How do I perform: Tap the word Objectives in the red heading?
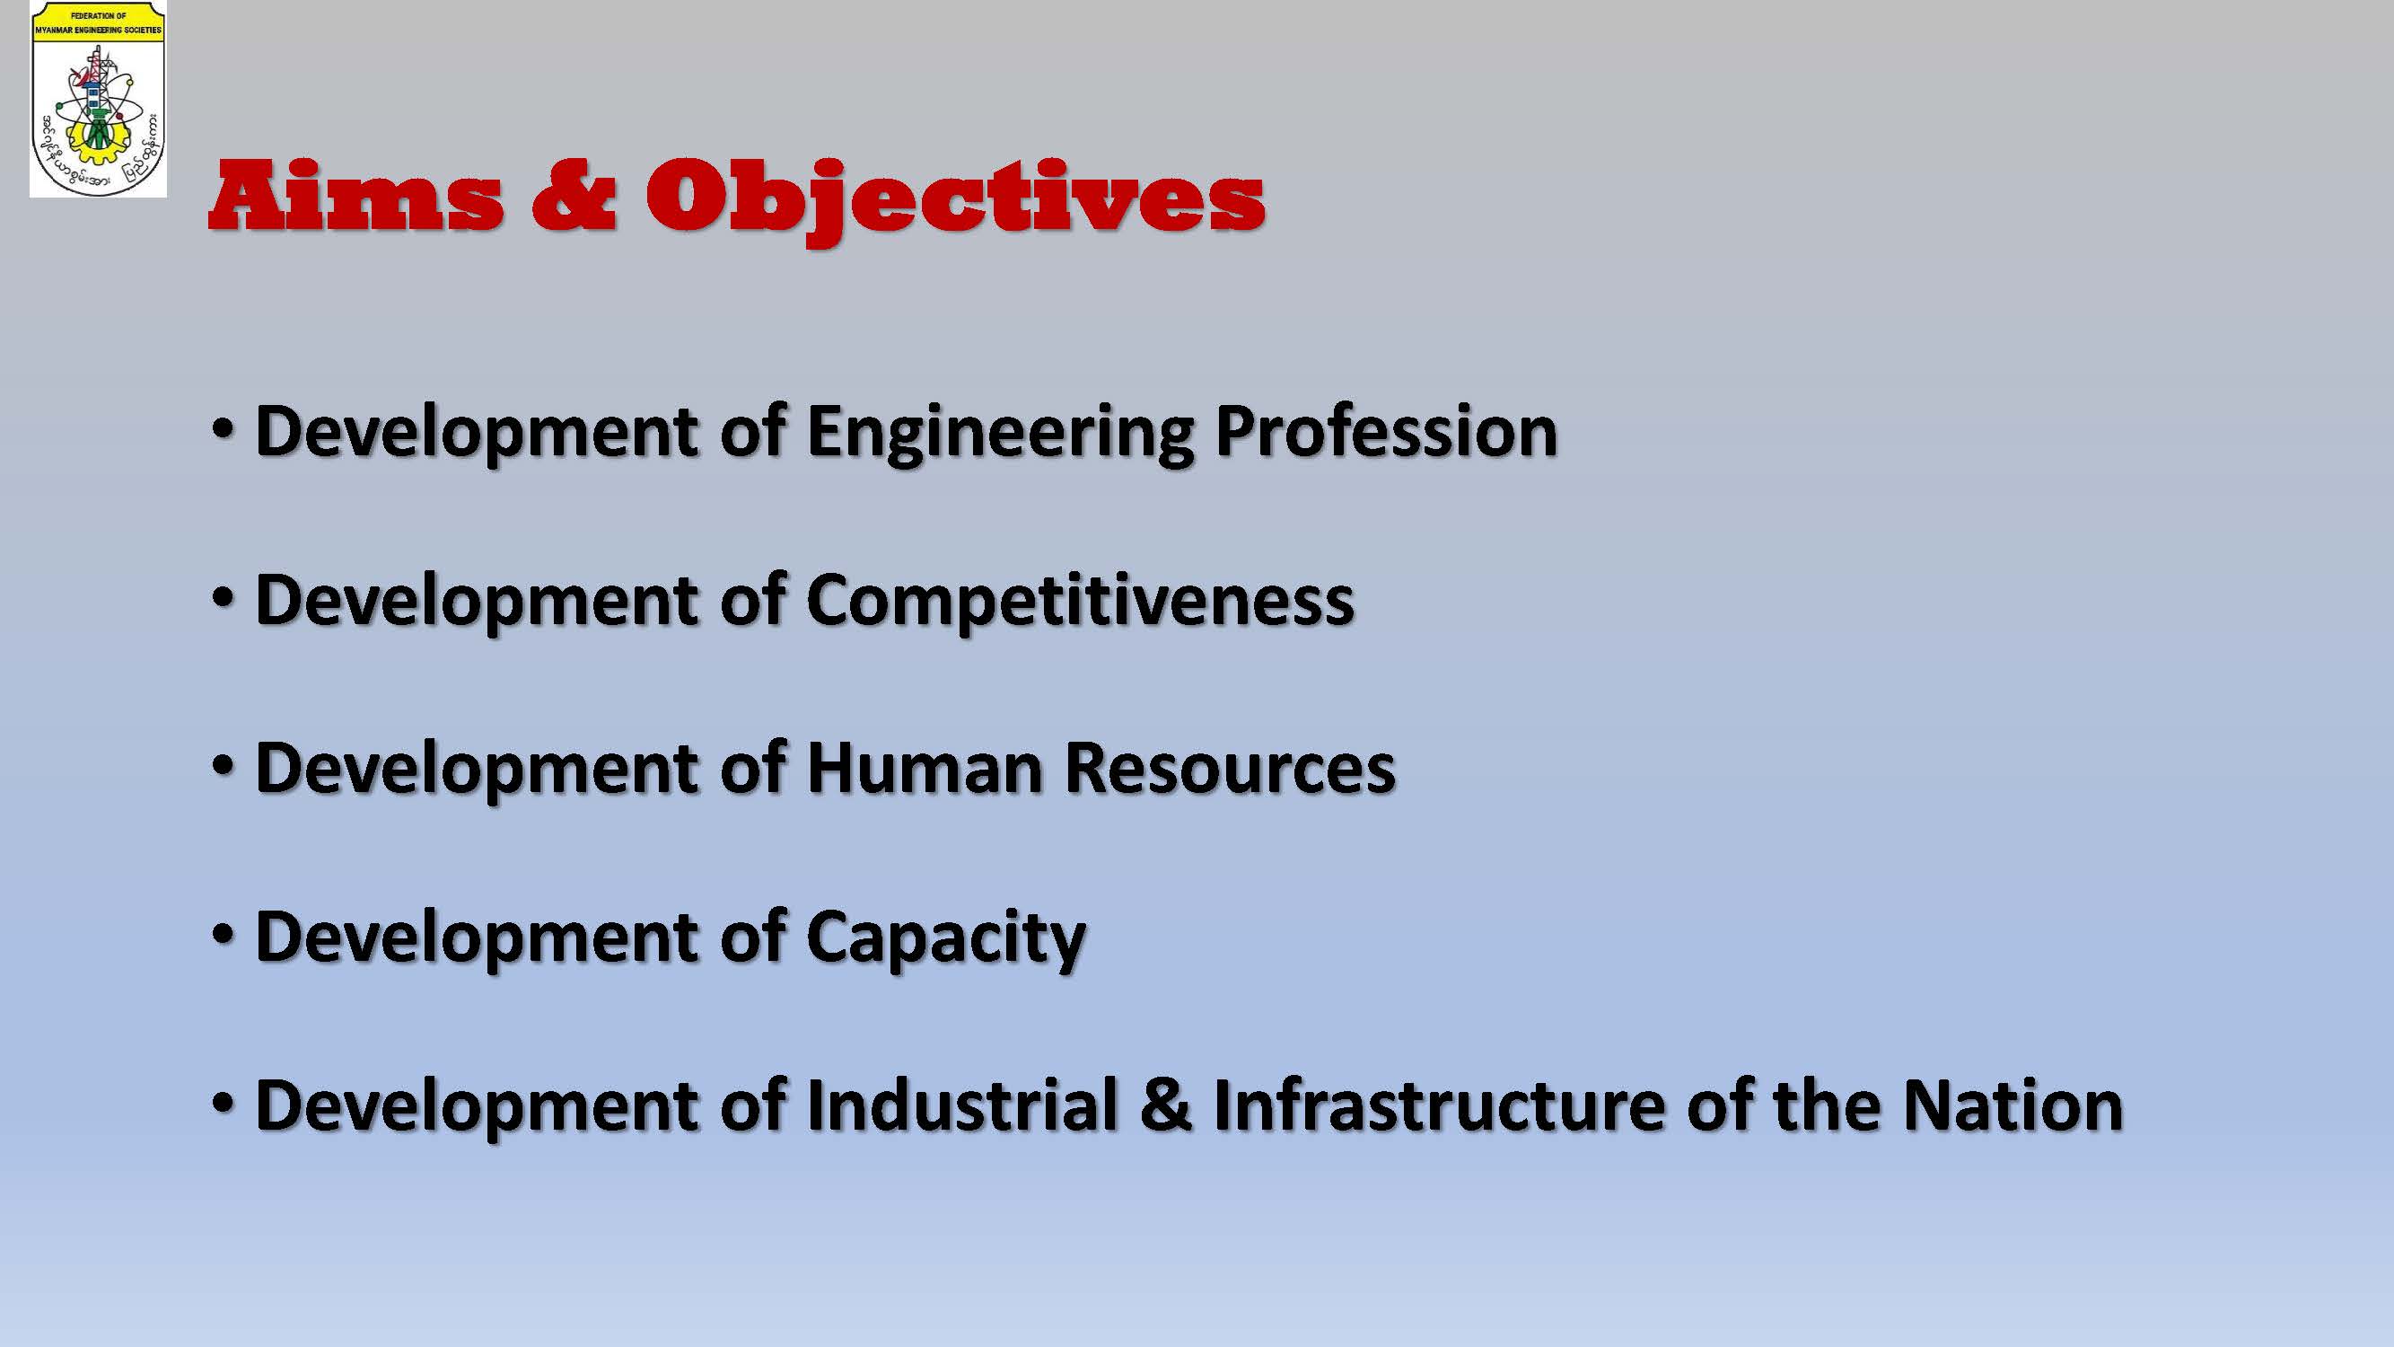point(955,202)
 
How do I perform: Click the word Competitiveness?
point(1080,602)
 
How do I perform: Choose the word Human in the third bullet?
point(925,769)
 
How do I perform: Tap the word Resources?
point(1230,769)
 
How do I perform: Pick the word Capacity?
point(946,939)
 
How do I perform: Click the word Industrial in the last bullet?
point(962,1105)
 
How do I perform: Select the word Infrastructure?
point(1438,1105)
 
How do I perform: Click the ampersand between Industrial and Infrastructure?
point(1166,1105)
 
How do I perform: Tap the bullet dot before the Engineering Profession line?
point(223,430)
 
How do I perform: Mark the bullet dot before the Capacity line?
point(223,935)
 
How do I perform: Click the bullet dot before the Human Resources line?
point(223,767)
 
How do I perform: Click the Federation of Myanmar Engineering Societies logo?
point(99,100)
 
